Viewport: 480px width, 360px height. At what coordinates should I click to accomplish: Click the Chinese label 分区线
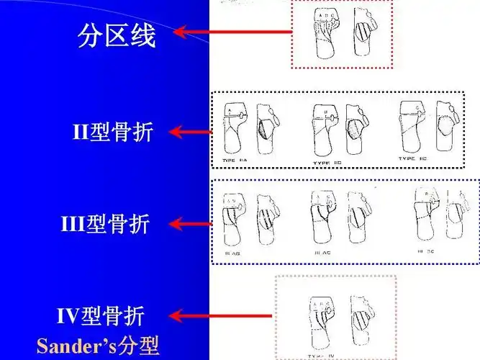116,35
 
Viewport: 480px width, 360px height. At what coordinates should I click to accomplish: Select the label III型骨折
105,225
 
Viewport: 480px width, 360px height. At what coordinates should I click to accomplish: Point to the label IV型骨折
100,315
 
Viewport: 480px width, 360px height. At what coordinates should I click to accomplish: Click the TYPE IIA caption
235,159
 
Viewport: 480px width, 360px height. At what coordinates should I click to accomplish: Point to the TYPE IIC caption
416,158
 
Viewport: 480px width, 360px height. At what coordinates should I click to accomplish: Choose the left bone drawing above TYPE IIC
413,127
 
